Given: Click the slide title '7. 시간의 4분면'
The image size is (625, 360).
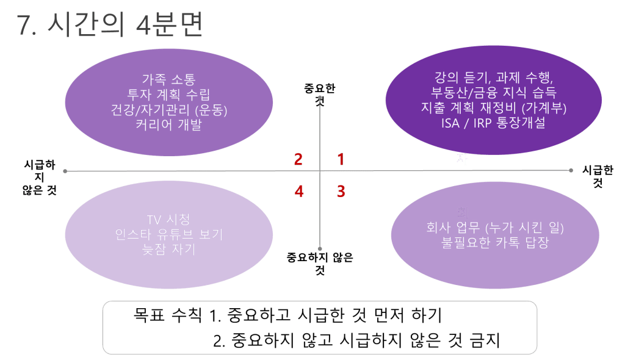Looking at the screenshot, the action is coord(110,24).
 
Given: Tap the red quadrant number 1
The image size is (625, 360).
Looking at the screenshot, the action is coord(341,159).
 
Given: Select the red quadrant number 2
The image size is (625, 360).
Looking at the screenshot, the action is coord(298,159).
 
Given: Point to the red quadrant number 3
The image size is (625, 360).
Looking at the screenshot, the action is coord(341,192).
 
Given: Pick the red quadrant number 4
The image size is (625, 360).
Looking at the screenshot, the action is coord(299,192).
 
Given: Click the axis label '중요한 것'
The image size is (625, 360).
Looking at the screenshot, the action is coord(320,95).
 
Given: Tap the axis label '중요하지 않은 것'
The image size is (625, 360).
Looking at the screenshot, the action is coord(320,264).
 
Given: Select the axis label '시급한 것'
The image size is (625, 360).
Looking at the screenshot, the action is coord(598,176).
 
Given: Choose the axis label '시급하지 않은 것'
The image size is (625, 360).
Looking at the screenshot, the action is coord(40,177).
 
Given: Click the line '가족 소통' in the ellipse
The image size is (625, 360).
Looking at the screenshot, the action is coord(168,79).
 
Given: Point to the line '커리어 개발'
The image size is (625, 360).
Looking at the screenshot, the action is coord(168,125).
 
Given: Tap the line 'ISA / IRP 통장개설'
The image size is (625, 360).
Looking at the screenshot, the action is coord(493,123).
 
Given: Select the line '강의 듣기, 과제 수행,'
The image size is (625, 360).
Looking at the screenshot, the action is coord(493,77).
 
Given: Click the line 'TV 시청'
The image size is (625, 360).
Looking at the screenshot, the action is coord(168,219).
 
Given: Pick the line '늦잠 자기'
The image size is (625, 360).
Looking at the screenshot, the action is coord(168,250).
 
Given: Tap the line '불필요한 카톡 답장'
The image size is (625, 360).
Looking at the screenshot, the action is coord(495,242).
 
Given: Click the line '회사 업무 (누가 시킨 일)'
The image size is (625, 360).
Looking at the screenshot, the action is coord(495,227).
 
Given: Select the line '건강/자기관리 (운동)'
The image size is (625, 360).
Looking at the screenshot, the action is coord(168,110).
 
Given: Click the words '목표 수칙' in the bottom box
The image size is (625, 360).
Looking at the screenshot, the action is coord(167,315).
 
